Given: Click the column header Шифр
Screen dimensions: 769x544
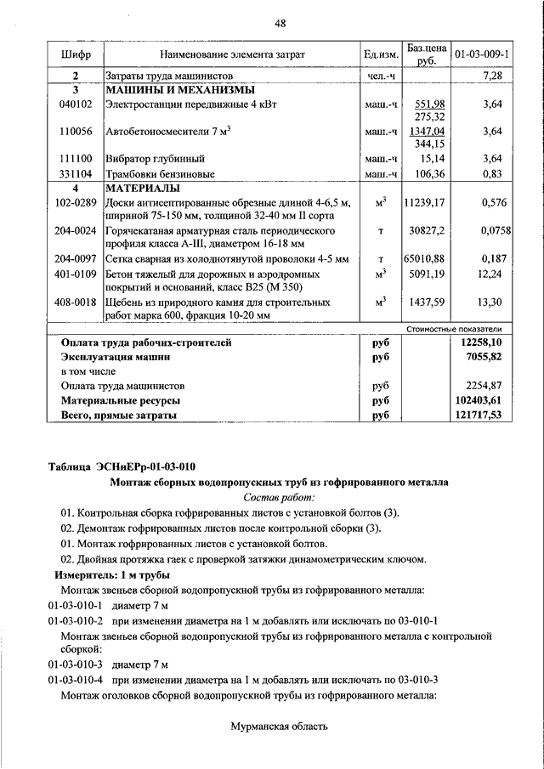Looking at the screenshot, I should coord(76,54).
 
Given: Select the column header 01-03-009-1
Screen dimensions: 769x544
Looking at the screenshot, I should coord(482,54).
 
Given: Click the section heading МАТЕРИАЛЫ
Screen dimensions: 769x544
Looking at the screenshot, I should coord(141,188).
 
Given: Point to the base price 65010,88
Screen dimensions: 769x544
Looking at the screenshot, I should coord(425,258).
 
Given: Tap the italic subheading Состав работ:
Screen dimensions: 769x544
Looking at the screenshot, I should coord(279,497).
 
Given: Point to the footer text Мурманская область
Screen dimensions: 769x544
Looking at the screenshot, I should coord(279,726).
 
